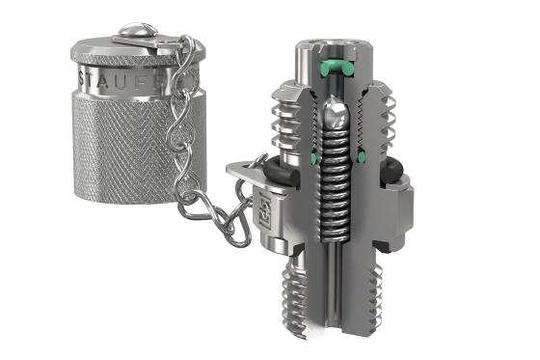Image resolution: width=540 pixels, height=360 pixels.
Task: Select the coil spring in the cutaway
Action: tap(335, 183)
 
